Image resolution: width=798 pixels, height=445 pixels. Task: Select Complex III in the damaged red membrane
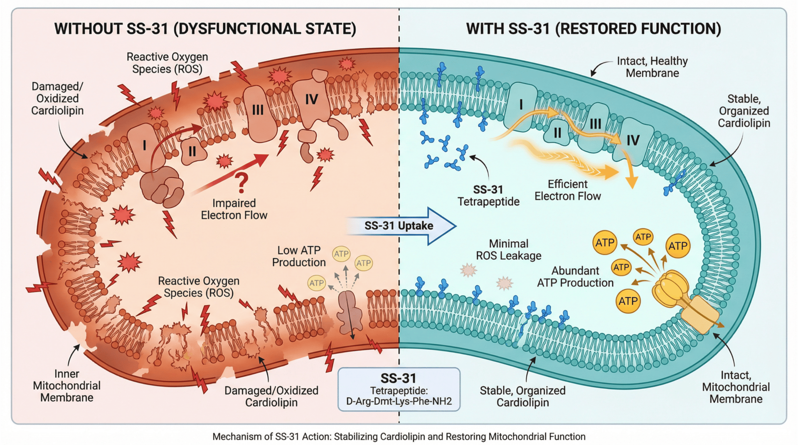[258, 111]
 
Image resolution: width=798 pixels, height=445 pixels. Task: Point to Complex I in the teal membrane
[521, 105]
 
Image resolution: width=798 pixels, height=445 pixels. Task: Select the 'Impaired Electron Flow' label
[234, 209]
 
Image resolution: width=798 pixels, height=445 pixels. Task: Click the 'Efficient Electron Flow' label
[567, 190]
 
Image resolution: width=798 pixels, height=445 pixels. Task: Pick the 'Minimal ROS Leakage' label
[508, 250]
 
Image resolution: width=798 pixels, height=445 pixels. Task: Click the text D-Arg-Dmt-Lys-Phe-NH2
[399, 402]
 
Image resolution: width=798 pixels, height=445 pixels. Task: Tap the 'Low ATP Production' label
[299, 256]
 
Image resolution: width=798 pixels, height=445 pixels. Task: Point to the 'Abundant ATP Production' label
[575, 277]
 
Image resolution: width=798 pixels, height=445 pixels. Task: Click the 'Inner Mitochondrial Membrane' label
[66, 386]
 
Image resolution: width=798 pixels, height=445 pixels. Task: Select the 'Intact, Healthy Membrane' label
[652, 67]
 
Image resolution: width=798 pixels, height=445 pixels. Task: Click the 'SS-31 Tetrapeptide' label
[488, 195]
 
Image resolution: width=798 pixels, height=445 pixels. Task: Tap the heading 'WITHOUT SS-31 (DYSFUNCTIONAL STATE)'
[205, 29]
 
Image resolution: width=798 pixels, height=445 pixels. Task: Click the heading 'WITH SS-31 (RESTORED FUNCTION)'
[594, 29]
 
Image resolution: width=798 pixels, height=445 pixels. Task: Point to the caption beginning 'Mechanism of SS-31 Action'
[399, 437]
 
